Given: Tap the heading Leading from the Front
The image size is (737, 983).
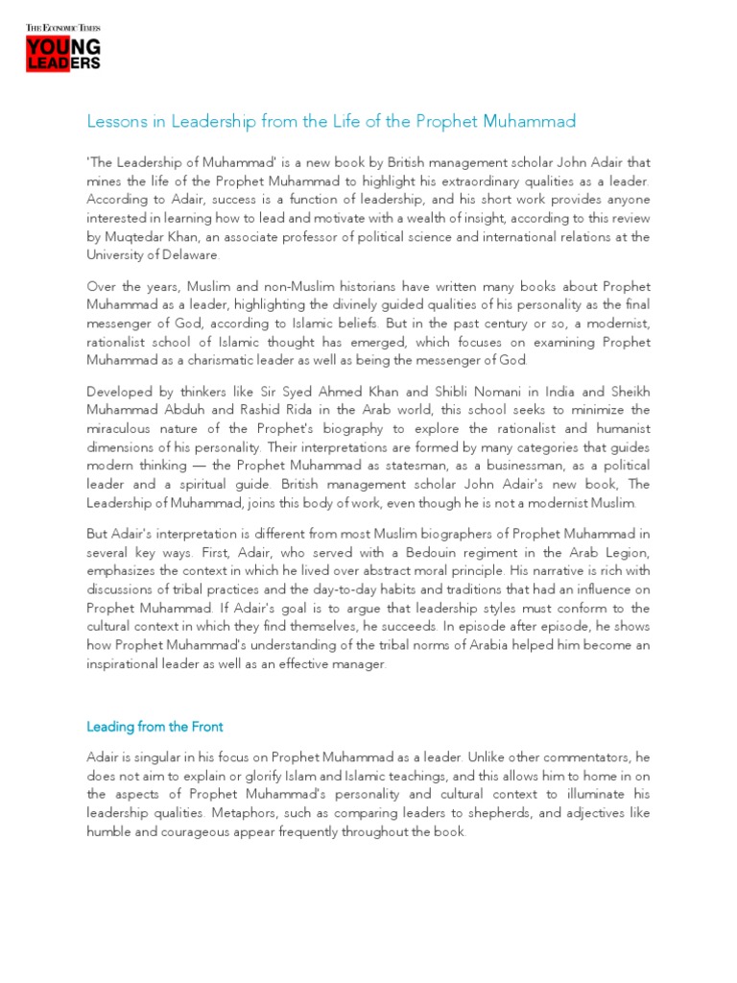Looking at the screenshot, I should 155,727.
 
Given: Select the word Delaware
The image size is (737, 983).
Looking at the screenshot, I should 190,254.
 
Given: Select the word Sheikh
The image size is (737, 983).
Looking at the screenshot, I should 628,391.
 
